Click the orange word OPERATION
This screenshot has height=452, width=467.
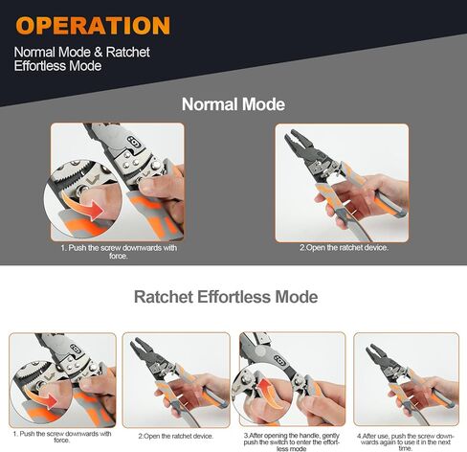click(x=93, y=25)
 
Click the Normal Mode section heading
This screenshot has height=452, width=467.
click(x=233, y=104)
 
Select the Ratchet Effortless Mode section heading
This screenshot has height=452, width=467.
click(x=225, y=297)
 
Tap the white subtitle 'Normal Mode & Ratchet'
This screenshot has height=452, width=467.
click(x=81, y=51)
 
